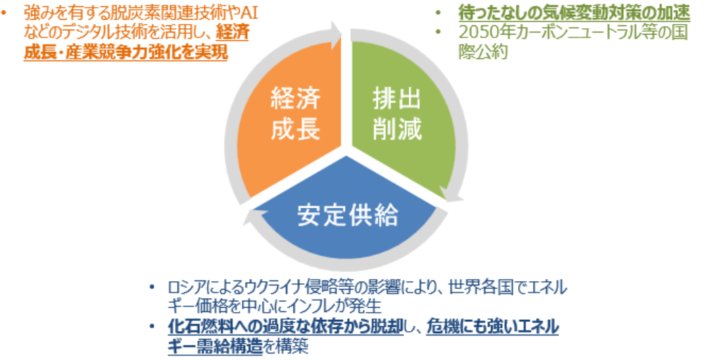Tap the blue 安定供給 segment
347,213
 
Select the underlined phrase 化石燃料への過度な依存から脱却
285,327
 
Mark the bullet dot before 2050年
438,32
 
